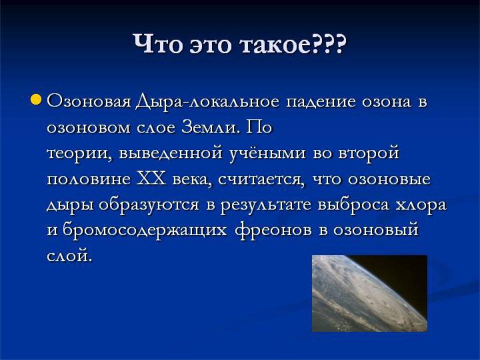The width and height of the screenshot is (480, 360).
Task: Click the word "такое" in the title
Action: coord(277,44)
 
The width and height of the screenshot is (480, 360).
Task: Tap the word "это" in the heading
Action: coord(209,44)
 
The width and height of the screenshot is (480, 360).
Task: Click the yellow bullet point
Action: coord(36,99)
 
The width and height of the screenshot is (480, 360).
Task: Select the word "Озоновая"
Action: coord(89,102)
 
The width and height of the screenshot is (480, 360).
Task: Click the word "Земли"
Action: coord(209,127)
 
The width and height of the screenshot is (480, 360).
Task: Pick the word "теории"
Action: coord(79,153)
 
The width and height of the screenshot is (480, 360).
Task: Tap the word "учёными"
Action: coord(267,153)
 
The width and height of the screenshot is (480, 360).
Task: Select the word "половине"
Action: coord(89,179)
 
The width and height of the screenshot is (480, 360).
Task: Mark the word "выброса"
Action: coord(353,204)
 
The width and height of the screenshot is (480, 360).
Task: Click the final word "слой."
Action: coord(69,255)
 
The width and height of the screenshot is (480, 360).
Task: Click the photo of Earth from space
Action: coord(369,293)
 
